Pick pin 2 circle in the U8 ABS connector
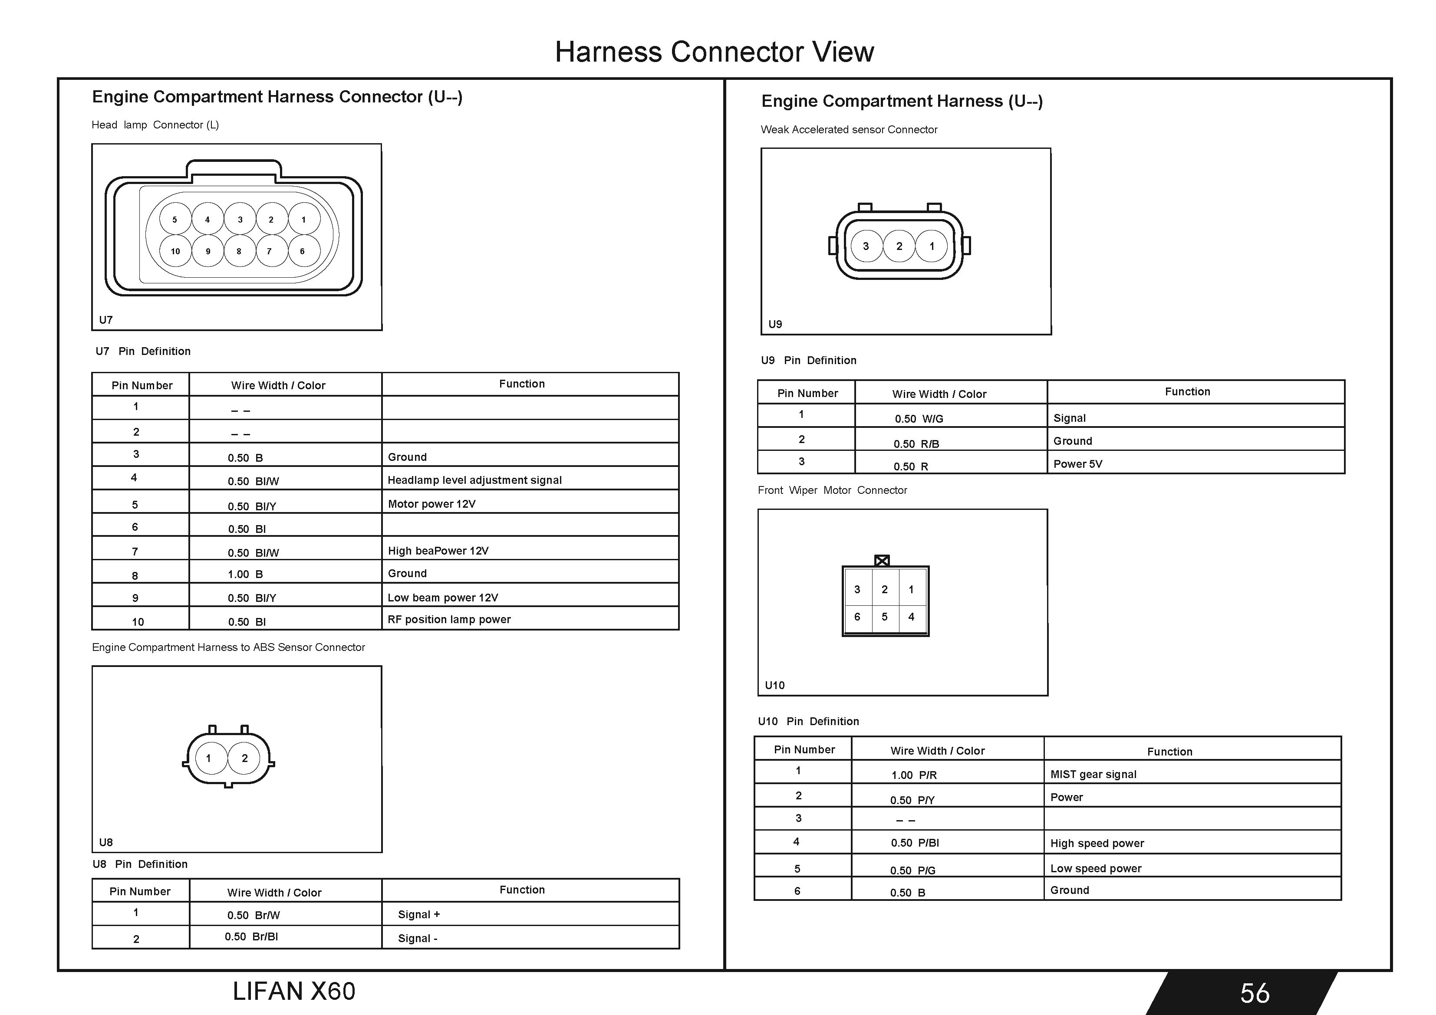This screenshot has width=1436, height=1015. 244,758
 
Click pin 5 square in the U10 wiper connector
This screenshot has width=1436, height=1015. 884,617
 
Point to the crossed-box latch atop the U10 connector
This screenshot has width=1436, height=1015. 882,560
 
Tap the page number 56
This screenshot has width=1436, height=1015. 1255,993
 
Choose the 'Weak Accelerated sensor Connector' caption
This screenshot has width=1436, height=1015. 849,129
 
